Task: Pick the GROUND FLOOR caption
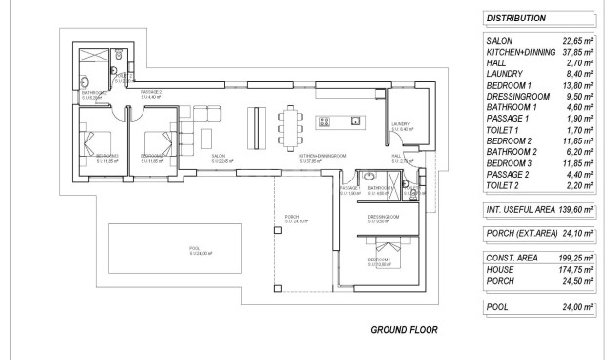(403, 330)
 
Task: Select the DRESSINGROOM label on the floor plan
(384, 216)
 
